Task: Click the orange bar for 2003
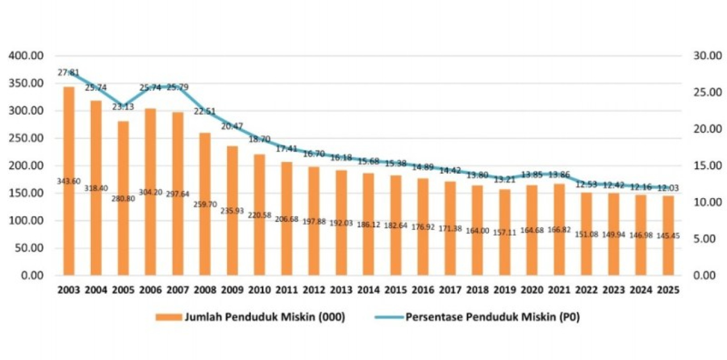tap(69, 227)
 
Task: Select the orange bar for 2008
tap(205, 227)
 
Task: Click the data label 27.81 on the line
tap(69, 73)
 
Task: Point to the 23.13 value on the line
tap(123, 106)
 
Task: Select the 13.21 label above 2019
tap(505, 179)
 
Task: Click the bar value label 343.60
tap(69, 181)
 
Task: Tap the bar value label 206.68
tap(287, 219)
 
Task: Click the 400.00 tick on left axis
tap(26, 56)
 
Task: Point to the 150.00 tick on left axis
tap(26, 193)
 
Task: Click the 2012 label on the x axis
tap(314, 290)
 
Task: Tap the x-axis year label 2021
tap(559, 290)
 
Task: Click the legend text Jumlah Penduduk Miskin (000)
tap(265, 317)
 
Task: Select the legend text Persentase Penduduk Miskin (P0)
tap(492, 317)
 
